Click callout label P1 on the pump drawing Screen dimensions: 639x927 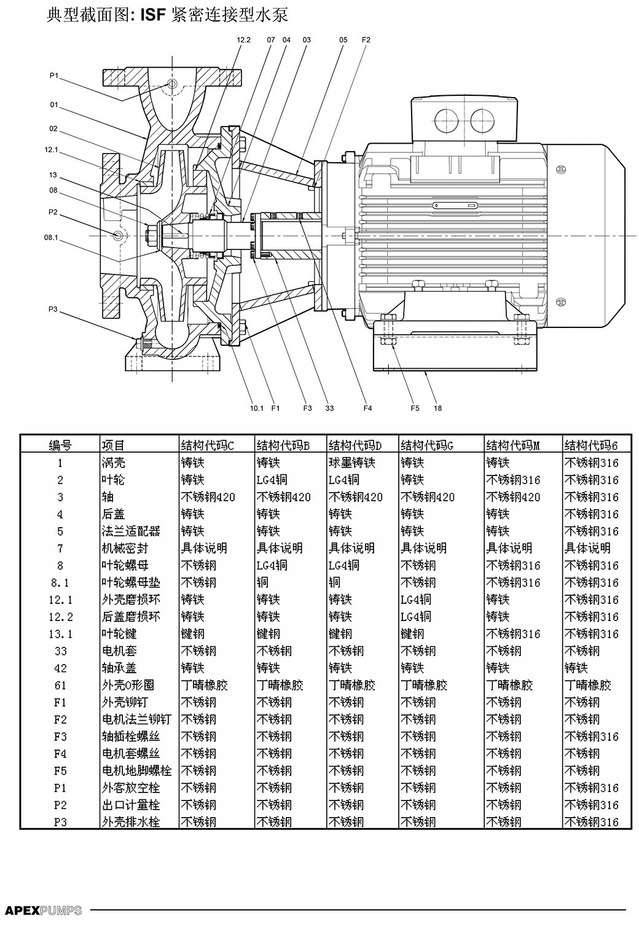coord(54,76)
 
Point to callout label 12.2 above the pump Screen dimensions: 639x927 coord(243,40)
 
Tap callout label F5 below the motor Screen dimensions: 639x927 coord(415,408)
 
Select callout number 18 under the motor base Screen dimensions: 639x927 coord(437,408)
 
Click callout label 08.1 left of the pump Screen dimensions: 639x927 coord(52,238)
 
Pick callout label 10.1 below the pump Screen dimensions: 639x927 coord(257,408)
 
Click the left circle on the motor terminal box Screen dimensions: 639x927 coord(447,120)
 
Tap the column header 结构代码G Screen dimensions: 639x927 coord(427,445)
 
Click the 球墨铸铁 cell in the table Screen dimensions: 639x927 coord(351,462)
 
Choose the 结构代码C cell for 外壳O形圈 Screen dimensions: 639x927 coord(205,685)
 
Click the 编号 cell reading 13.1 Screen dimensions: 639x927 coord(60,633)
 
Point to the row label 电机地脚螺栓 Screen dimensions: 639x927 coord(136,770)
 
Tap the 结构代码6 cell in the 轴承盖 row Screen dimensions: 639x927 coord(576,668)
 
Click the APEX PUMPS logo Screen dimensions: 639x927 coord(43,910)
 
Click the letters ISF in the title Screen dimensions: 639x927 coord(153,16)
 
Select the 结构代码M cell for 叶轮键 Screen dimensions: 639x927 coord(513,633)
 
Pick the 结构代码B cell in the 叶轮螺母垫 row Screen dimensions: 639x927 coord(262,582)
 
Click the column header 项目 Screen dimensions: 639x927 coord(113,445)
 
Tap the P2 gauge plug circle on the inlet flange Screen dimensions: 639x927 coord(117,235)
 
